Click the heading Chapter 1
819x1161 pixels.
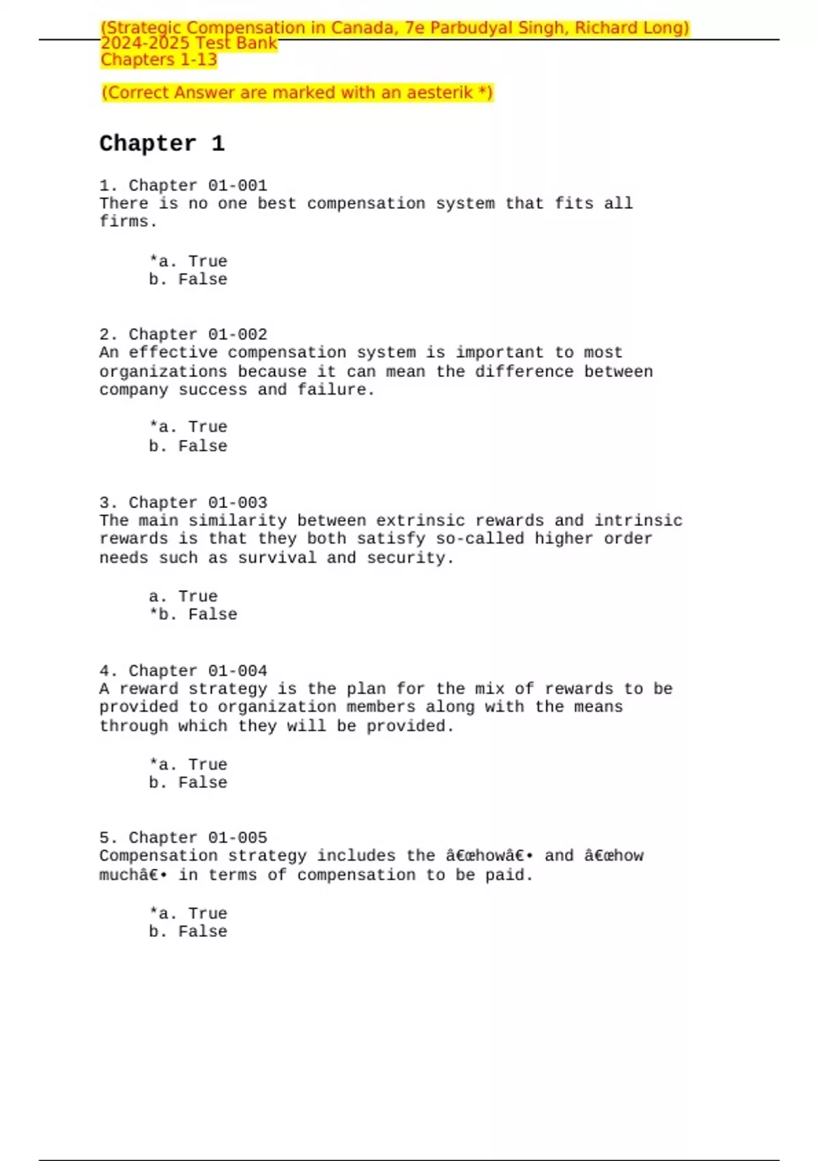(162, 143)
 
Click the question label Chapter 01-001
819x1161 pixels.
(198, 186)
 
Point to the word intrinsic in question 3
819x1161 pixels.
(638, 520)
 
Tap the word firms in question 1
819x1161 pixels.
(124, 222)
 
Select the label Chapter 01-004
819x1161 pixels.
(198, 671)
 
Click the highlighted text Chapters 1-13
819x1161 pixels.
(159, 60)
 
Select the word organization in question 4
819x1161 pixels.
(277, 707)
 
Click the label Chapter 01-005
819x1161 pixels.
(198, 838)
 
